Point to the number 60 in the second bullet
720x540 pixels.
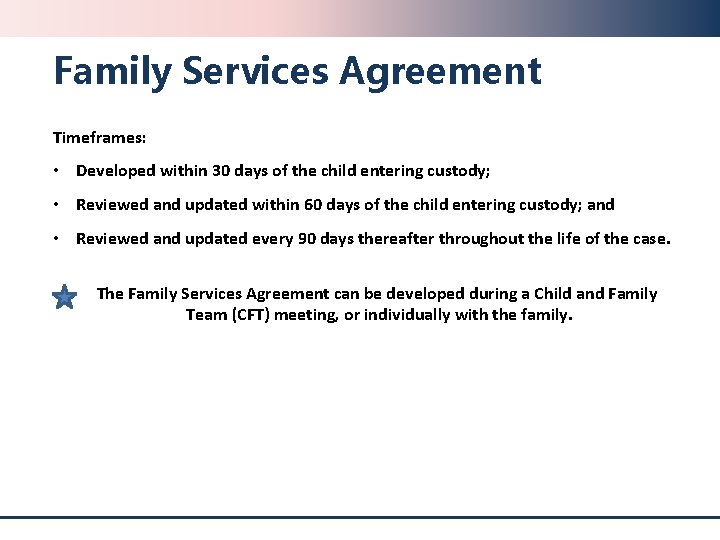[x=313, y=205]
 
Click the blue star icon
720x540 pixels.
[x=64, y=297]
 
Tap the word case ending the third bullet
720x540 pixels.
[x=653, y=239]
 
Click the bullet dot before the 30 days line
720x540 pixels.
[x=59, y=171]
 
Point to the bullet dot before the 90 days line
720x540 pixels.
[x=59, y=239]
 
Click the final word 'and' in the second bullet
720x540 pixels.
[x=601, y=205]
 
